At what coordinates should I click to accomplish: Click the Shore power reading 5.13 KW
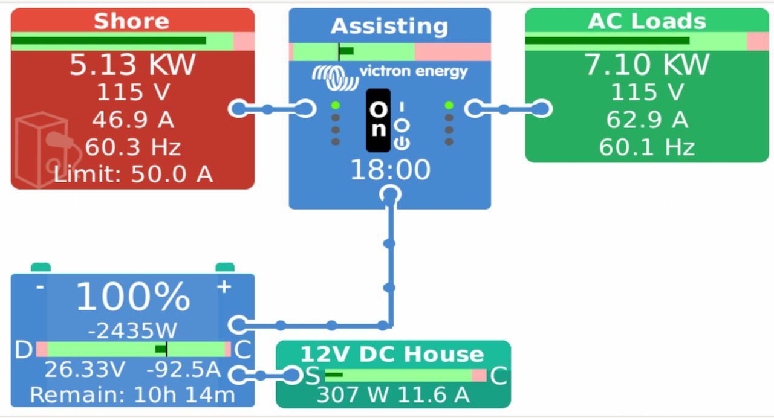132,65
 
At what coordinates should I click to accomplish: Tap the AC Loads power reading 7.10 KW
647,65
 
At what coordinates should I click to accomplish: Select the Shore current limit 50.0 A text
132,174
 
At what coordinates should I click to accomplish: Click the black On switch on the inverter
379,120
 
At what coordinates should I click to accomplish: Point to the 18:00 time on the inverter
390,170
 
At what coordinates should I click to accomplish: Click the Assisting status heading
389,26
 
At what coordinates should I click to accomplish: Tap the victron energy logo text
413,71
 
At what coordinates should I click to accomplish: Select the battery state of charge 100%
132,297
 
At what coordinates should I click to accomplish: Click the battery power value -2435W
132,330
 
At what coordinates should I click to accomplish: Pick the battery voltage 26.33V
85,369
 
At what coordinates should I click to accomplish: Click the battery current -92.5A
183,369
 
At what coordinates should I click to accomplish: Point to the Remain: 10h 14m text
132,395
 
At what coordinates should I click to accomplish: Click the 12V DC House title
392,354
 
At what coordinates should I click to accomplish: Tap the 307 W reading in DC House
352,395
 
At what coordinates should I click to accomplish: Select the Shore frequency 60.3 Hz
132,147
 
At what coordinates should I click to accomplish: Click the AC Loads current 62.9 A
647,120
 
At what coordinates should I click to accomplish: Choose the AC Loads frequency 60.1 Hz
647,147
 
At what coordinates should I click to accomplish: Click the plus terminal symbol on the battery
224,286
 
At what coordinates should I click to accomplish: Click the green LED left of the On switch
335,105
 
